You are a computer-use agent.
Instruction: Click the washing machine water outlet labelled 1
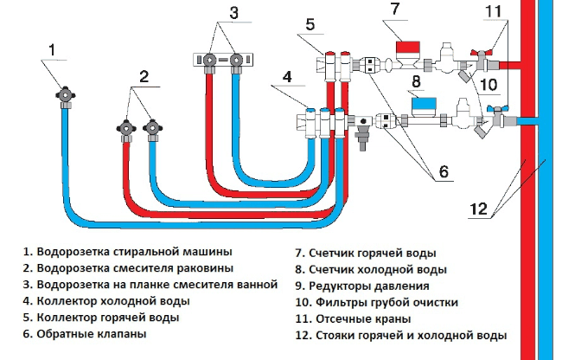[66, 96]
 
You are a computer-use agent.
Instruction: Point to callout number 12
[478, 209]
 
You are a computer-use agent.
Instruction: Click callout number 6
[444, 171]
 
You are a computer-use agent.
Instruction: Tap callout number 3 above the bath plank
[233, 13]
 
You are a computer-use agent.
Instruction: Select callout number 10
[488, 85]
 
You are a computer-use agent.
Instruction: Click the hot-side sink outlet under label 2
[126, 128]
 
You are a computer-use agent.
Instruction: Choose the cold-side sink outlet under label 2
[153, 128]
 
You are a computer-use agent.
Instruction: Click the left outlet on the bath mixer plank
[208, 60]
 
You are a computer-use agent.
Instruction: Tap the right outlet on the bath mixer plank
[236, 60]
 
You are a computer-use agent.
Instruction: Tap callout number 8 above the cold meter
[416, 81]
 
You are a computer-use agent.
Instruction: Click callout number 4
[287, 77]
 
